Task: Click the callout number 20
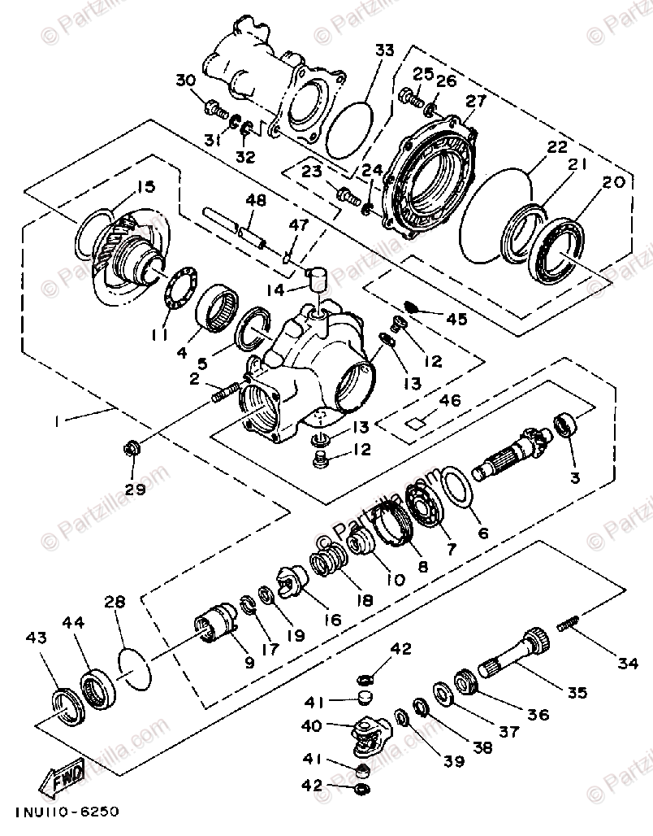pyautogui.click(x=613, y=182)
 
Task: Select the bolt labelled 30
pyautogui.click(x=217, y=107)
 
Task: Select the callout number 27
pyautogui.click(x=476, y=101)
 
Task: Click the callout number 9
pyautogui.click(x=248, y=663)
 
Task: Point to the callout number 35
pyautogui.click(x=577, y=694)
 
